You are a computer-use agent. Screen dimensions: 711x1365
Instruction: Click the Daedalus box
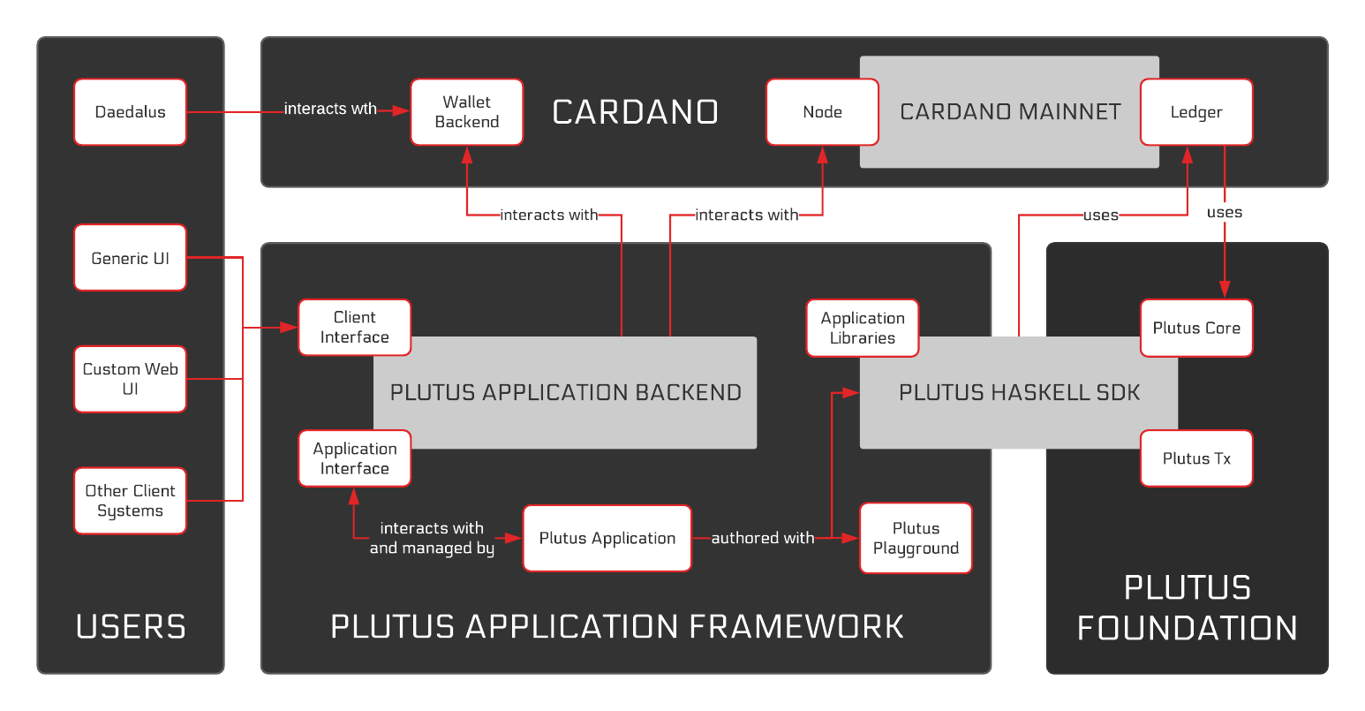click(130, 112)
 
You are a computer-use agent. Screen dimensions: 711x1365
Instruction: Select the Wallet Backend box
click(466, 112)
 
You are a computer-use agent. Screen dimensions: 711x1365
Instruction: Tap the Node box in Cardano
click(822, 112)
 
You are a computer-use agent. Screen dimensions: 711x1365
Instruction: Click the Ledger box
click(1196, 112)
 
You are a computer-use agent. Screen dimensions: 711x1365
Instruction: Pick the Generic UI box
click(130, 258)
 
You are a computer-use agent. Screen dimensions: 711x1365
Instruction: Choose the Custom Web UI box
click(130, 379)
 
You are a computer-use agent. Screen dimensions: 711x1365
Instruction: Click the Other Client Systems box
click(130, 501)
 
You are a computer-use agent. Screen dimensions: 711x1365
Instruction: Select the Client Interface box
click(354, 327)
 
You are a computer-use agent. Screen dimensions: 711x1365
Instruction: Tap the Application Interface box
click(354, 458)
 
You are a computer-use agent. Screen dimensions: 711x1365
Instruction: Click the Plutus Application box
click(607, 538)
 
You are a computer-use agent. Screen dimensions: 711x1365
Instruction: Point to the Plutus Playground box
click(916, 538)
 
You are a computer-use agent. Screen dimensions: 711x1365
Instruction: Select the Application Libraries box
click(862, 328)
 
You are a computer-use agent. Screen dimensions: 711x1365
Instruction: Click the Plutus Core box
click(1196, 328)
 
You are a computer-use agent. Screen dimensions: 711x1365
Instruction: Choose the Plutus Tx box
click(1196, 458)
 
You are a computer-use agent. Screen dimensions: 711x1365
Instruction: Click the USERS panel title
click(131, 626)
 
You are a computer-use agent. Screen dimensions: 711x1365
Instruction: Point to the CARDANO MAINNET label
click(1010, 112)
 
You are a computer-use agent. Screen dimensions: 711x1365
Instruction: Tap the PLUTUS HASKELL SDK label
click(1019, 393)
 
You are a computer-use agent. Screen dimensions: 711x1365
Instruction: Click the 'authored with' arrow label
click(762, 538)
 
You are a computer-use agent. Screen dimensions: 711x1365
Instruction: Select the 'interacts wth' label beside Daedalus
click(330, 109)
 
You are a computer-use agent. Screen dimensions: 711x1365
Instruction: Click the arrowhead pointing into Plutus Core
click(1225, 290)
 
